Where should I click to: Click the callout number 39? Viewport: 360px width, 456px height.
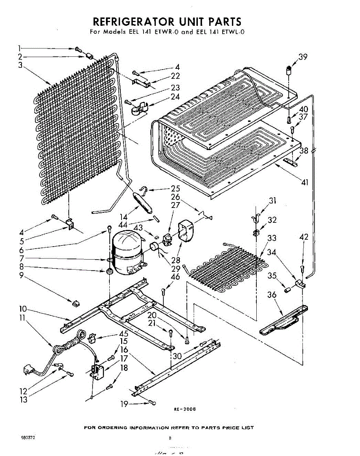click(x=303, y=57)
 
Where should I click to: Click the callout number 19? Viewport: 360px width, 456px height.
click(x=124, y=404)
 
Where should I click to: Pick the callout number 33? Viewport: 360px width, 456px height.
click(x=272, y=238)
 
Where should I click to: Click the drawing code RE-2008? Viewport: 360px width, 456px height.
click(x=185, y=409)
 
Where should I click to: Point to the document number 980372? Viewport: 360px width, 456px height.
click(x=28, y=437)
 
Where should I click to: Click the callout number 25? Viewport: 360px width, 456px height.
click(x=175, y=188)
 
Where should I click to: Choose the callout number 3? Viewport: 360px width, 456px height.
click(x=20, y=65)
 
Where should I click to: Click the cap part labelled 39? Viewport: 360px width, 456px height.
click(x=289, y=70)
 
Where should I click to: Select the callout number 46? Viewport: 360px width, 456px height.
click(x=175, y=277)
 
